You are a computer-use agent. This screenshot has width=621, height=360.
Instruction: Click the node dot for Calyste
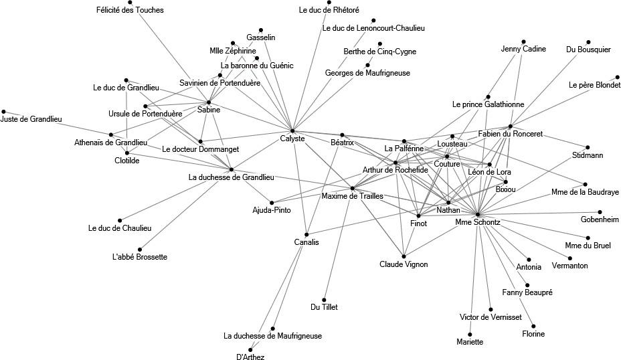pyautogui.click(x=292, y=130)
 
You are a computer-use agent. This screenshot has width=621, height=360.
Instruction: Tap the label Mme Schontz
pyautogui.click(x=478, y=221)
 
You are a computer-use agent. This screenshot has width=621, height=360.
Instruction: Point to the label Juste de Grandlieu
pyautogui.click(x=31, y=119)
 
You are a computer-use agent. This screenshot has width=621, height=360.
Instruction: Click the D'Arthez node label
pyautogui.click(x=250, y=357)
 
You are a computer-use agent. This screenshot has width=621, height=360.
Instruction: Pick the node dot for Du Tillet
pyautogui.click(x=324, y=300)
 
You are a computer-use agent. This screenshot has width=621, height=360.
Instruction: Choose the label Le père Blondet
pyautogui.click(x=594, y=85)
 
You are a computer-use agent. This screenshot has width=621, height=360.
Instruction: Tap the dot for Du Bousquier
pyautogui.click(x=589, y=41)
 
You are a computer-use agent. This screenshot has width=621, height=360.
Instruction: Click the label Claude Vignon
pyautogui.click(x=404, y=264)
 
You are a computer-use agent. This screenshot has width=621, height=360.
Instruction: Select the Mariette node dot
pyautogui.click(x=470, y=335)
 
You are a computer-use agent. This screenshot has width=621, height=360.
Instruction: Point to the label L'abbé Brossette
pyautogui.click(x=140, y=257)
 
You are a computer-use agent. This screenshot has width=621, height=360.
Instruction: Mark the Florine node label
pyautogui.click(x=533, y=334)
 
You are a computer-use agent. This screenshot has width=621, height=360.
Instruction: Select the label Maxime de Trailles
pyautogui.click(x=352, y=196)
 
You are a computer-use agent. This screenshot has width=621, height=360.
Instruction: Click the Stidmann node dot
pyautogui.click(x=588, y=147)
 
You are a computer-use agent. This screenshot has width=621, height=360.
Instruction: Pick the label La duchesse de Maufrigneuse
pyautogui.click(x=273, y=336)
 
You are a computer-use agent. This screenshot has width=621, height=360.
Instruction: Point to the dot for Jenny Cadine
pyautogui.click(x=523, y=41)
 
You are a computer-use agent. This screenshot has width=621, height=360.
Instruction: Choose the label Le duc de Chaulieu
pyautogui.click(x=120, y=228)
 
